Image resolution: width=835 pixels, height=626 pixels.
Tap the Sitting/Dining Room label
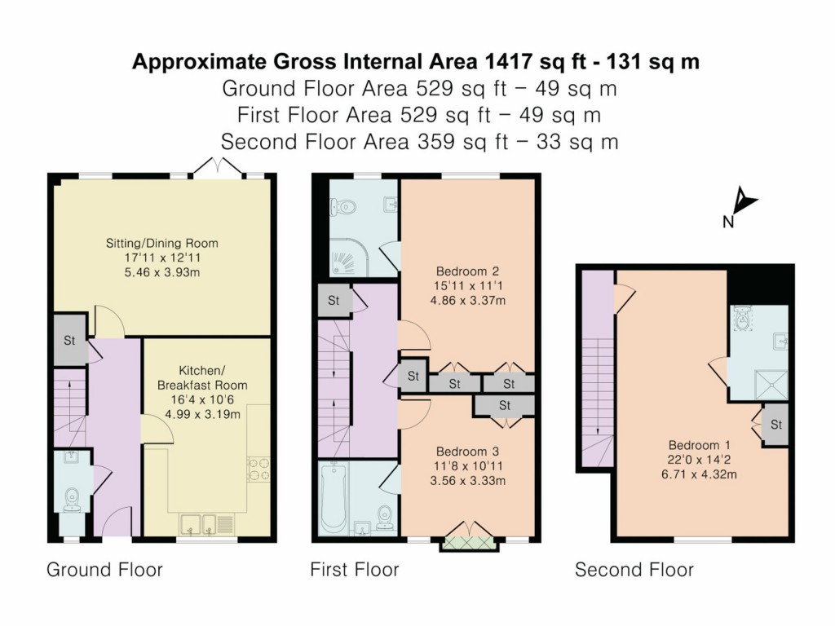click(x=161, y=243)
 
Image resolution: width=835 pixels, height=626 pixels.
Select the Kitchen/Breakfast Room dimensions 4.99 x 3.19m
click(x=202, y=413)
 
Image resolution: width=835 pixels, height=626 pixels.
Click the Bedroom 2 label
click(x=467, y=271)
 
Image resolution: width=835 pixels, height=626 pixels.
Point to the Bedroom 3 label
click(x=467, y=451)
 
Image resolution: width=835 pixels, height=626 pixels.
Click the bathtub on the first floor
click(x=334, y=497)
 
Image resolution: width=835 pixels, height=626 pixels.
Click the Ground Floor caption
click(x=104, y=569)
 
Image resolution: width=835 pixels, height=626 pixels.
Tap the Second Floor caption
click(x=634, y=569)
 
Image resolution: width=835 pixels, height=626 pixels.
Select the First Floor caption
click(x=355, y=569)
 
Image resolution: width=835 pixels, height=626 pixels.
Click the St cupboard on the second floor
click(x=775, y=425)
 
